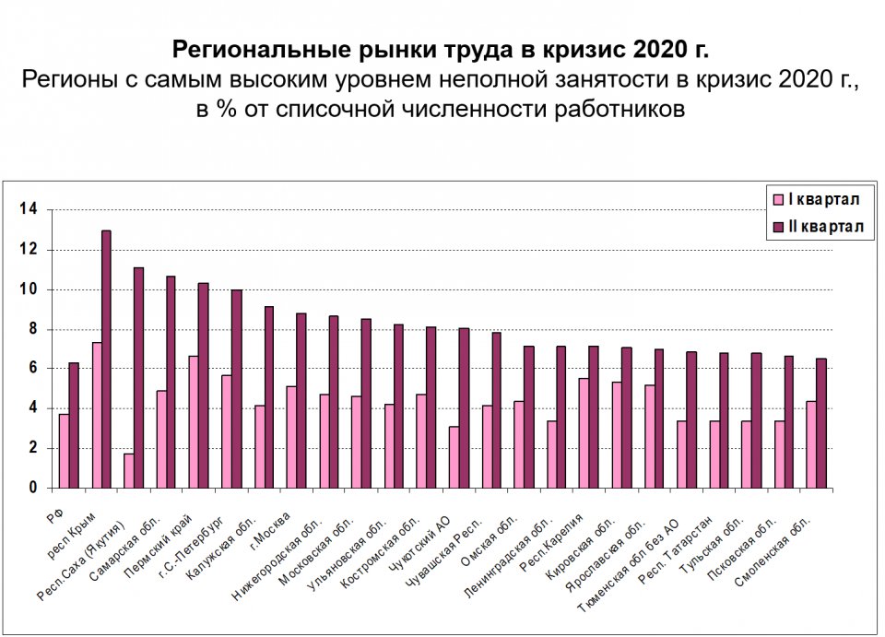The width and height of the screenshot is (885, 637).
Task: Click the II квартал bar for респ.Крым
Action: click(x=106, y=359)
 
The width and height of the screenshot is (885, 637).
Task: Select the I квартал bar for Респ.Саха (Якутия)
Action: click(x=129, y=470)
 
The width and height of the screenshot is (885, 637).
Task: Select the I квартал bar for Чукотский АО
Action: click(x=454, y=456)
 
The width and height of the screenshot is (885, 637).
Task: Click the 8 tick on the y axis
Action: click(x=33, y=329)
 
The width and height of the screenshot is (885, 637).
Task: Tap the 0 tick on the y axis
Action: click(x=33, y=488)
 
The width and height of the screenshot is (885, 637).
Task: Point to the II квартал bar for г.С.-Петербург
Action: click(x=236, y=388)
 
